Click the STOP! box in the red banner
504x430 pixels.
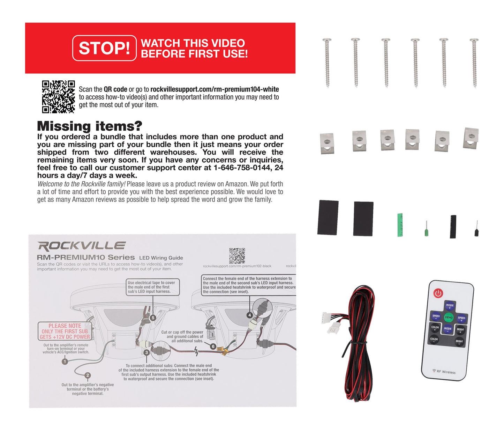click(x=104, y=48)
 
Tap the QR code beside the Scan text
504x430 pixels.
click(x=58, y=97)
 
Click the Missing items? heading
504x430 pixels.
click(x=90, y=126)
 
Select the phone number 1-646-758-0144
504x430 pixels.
click(x=242, y=168)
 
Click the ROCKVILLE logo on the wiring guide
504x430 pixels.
click(x=81, y=246)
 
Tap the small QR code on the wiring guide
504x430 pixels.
click(x=237, y=256)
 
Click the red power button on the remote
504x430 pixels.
click(x=438, y=293)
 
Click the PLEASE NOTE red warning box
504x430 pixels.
click(x=65, y=331)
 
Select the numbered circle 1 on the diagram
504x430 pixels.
click(x=65, y=362)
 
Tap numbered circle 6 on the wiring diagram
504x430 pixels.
click(x=213, y=347)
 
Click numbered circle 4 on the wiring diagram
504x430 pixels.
click(x=249, y=315)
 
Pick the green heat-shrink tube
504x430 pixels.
click(x=400, y=225)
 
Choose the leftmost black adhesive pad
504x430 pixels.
click(x=328, y=217)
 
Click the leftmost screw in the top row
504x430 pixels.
click(x=327, y=62)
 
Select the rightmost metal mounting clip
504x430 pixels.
click(x=471, y=138)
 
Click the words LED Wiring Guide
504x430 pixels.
click(x=161, y=258)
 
